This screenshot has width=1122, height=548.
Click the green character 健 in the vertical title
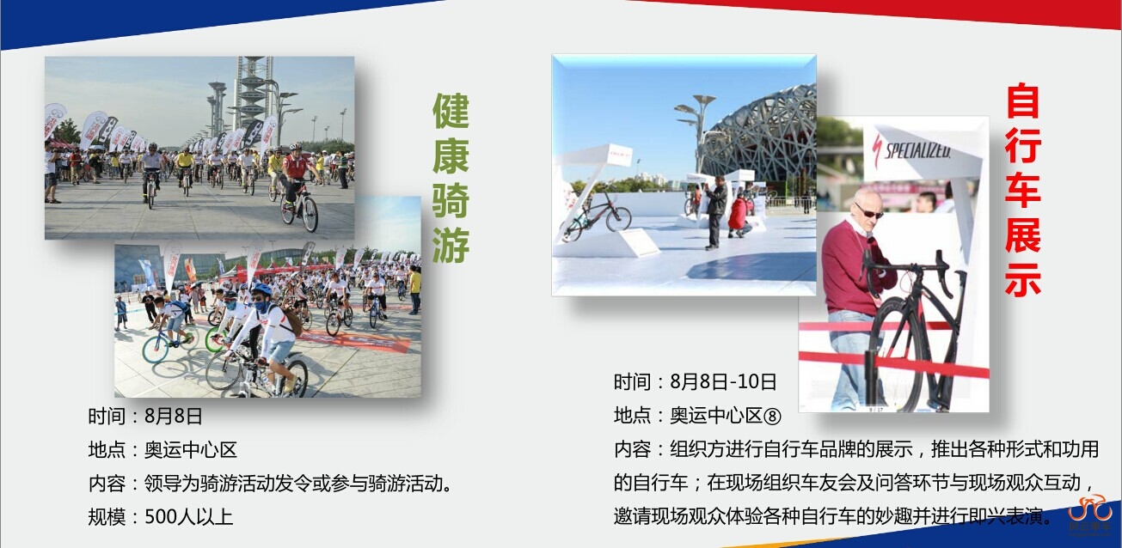(451, 111)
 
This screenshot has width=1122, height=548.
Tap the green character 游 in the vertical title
(451, 245)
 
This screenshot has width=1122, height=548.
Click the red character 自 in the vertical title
(1022, 101)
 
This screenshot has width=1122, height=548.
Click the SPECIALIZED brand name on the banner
(917, 149)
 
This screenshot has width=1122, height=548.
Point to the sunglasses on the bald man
(869, 211)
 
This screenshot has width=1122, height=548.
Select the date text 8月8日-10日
(723, 382)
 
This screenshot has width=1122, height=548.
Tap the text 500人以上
(189, 516)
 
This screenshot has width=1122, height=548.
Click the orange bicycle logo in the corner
(1090, 509)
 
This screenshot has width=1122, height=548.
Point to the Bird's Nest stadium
(760, 137)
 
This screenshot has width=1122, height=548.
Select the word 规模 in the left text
(107, 516)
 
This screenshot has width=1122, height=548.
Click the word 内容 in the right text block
(632, 449)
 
